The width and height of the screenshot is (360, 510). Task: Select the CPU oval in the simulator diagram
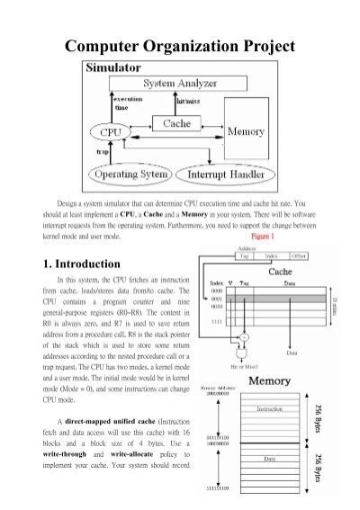(x=119, y=133)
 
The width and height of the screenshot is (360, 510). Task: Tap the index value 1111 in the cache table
(x=217, y=321)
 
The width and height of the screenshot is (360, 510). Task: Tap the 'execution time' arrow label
(x=124, y=100)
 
